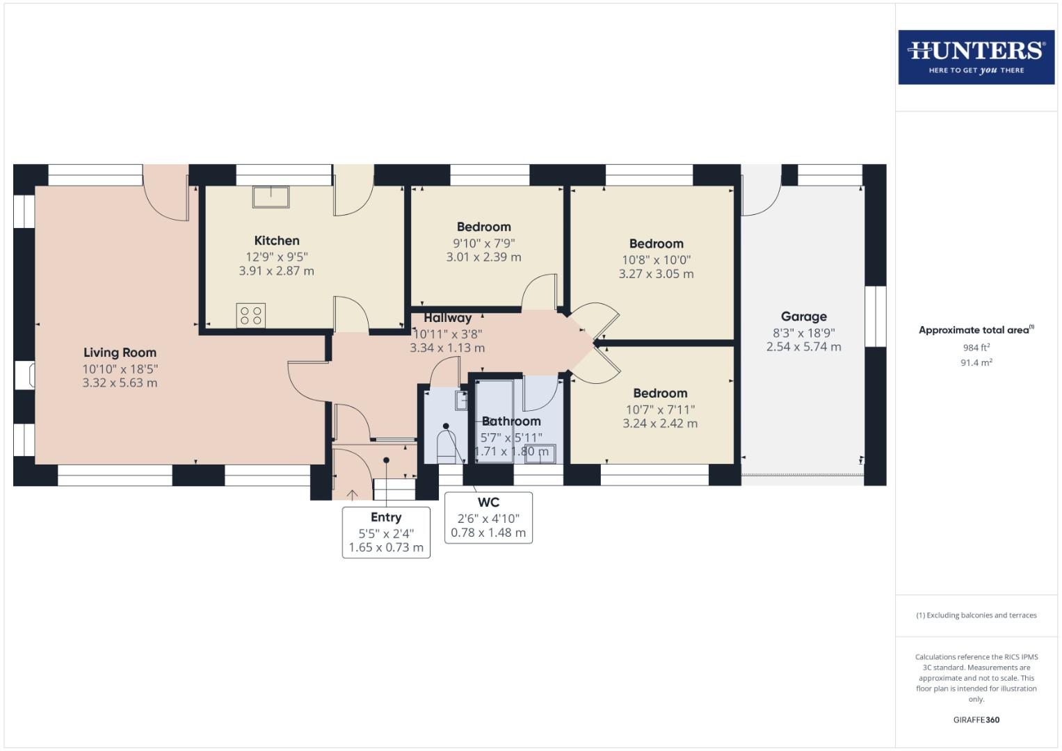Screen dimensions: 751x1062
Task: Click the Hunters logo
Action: tap(976, 57)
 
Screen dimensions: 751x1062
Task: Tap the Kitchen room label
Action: tap(277, 241)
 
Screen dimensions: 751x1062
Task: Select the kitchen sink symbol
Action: tap(271, 197)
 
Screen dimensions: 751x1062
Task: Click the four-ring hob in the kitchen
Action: tap(250, 316)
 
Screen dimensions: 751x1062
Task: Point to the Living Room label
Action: tap(120, 353)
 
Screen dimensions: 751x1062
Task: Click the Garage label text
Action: tap(803, 316)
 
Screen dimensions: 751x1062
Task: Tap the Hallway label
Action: tap(447, 318)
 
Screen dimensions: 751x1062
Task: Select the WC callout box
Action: tap(488, 517)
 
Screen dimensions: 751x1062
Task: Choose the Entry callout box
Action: tap(386, 532)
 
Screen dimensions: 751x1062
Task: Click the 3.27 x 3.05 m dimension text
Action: tap(656, 274)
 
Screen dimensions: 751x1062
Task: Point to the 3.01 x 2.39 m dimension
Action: tap(483, 257)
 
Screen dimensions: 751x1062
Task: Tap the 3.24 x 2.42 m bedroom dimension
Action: tap(660, 423)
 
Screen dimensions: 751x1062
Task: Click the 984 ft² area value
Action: tap(976, 348)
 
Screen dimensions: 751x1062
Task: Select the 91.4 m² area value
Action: tap(976, 363)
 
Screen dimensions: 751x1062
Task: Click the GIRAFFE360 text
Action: tap(976, 720)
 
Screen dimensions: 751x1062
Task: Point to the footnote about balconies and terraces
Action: tap(976, 615)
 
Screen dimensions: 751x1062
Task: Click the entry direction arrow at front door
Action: tap(353, 494)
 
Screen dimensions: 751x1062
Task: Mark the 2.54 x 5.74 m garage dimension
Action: tap(803, 347)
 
